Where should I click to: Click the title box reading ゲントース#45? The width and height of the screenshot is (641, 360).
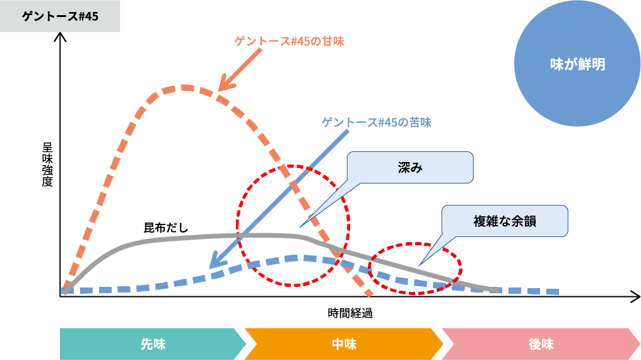point(60,16)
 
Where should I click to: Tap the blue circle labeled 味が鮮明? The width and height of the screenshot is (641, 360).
point(577,64)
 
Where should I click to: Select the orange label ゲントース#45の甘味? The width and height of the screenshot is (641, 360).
point(290,42)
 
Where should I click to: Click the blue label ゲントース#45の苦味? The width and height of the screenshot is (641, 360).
point(377,122)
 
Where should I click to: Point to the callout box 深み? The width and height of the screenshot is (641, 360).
point(409,168)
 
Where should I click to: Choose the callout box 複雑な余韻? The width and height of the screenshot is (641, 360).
point(504,221)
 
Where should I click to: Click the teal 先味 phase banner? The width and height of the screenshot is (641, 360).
point(151,344)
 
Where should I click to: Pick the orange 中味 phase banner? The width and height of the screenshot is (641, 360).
point(344,344)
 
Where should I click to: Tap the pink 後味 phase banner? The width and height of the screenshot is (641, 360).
point(541,344)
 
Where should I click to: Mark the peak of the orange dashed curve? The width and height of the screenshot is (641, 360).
point(185,87)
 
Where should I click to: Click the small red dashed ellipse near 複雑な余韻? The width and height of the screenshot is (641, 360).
point(415,268)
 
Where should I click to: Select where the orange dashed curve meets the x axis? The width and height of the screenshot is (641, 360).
point(369,294)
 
